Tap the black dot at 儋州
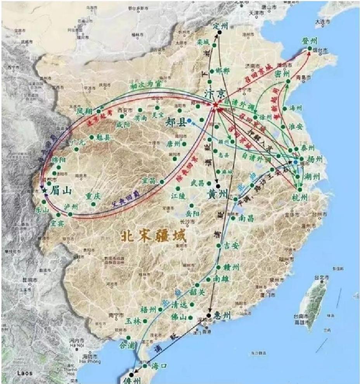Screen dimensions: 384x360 pyautogui.click(x=132, y=375)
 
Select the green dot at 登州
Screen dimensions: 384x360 pyautogui.click(x=310, y=48)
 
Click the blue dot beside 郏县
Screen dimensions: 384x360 pyautogui.click(x=189, y=121)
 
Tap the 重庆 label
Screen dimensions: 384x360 pyautogui.click(x=94, y=196)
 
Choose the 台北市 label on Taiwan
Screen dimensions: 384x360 pyautogui.click(x=322, y=278)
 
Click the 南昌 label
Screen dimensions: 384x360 pyautogui.click(x=247, y=218)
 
